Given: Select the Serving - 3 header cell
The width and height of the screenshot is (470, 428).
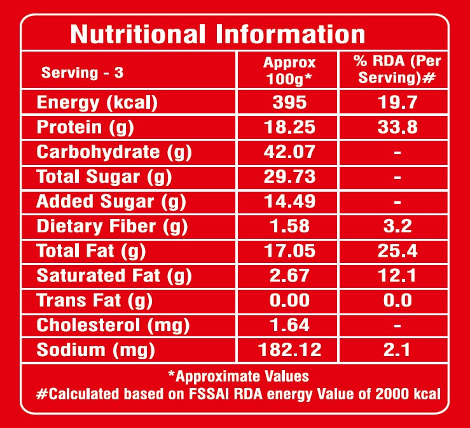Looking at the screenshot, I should pos(82,72).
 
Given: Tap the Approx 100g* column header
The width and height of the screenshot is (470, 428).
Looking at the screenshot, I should pos(289,70).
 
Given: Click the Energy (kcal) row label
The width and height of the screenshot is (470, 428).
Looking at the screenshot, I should pos(97,103).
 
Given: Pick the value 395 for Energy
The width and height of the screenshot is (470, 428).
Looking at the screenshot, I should pos(289,103).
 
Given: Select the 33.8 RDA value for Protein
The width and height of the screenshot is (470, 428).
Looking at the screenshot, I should pos(397,127).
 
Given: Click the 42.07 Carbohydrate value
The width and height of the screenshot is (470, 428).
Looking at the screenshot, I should pos(289,152).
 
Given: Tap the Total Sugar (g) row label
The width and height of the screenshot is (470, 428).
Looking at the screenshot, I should pos(104,177).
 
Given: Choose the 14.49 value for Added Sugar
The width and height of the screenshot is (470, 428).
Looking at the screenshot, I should pos(289,202).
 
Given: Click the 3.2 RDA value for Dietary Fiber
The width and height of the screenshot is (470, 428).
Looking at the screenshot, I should pos(397,226).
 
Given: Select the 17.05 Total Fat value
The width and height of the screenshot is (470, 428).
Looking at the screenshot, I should pos(289,251).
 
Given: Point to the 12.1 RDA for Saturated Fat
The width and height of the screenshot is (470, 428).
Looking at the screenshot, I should pos(397,276).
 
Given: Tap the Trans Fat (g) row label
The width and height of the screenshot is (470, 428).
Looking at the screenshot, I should pos(94,301).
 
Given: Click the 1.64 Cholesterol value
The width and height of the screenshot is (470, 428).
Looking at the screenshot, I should pos(289,325).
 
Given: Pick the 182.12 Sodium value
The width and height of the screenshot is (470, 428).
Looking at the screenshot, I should pos(289,350).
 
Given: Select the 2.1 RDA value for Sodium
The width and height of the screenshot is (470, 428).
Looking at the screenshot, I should pos(397,350).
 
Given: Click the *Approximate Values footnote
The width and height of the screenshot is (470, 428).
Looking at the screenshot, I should pos(238,376).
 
